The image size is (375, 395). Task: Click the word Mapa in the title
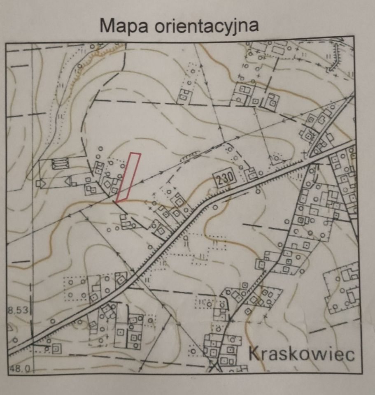(124, 26)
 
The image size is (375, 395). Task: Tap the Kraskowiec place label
(302, 353)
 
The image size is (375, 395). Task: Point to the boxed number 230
(224, 178)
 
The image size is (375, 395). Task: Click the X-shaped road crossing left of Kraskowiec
(214, 365)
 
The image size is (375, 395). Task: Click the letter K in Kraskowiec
(255, 353)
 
